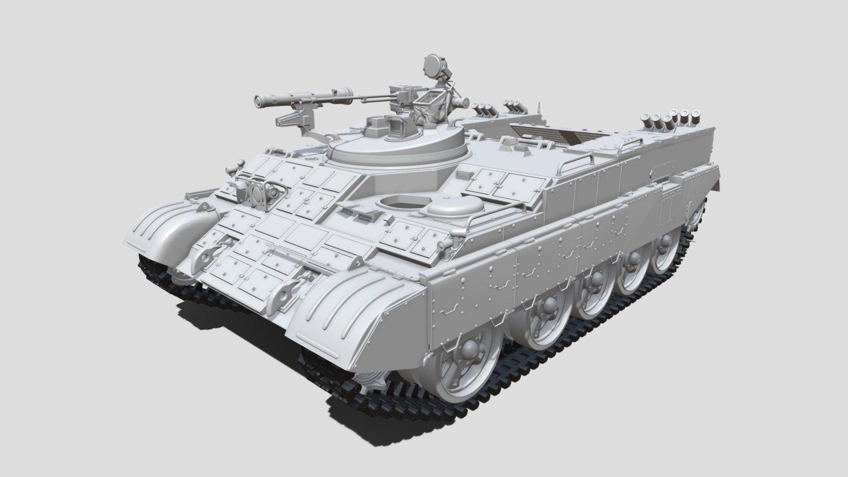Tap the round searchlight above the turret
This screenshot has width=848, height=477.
(x=431, y=65)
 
